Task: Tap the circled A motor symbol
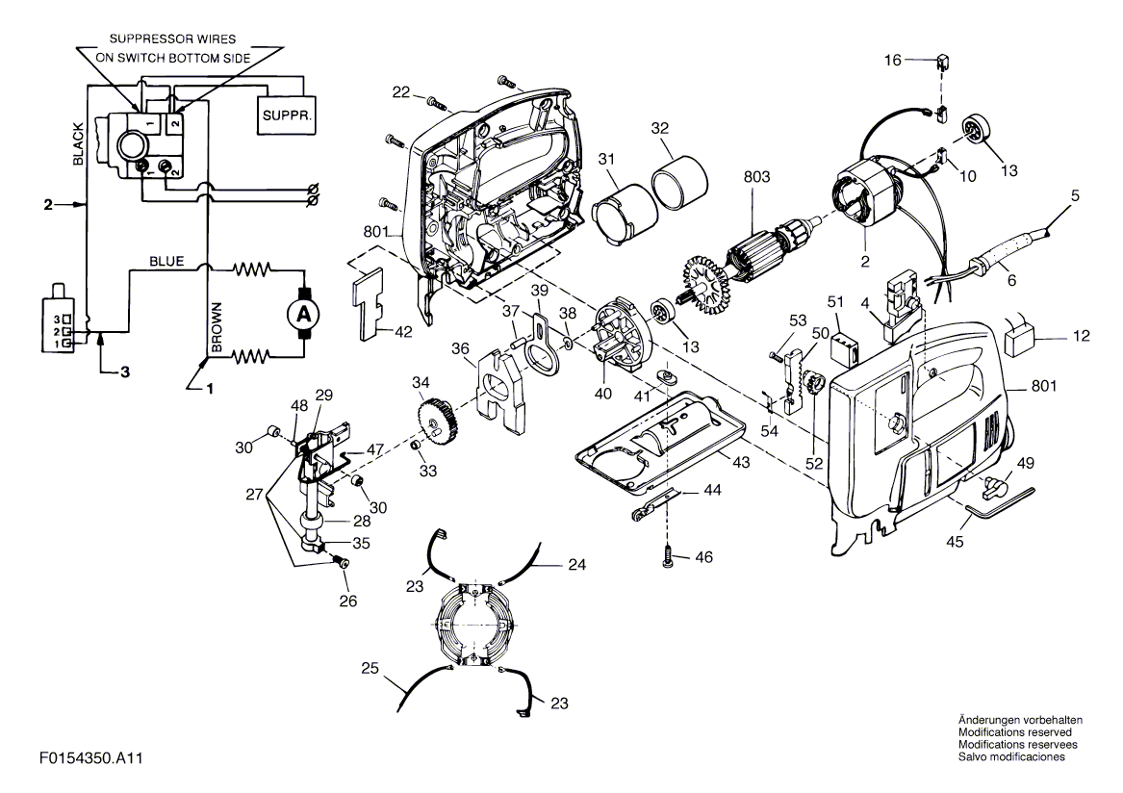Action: pos(304,314)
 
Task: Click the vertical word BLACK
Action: pos(80,144)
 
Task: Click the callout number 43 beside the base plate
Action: pos(739,462)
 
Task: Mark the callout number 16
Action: pos(892,60)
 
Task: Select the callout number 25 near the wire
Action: pos(371,667)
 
